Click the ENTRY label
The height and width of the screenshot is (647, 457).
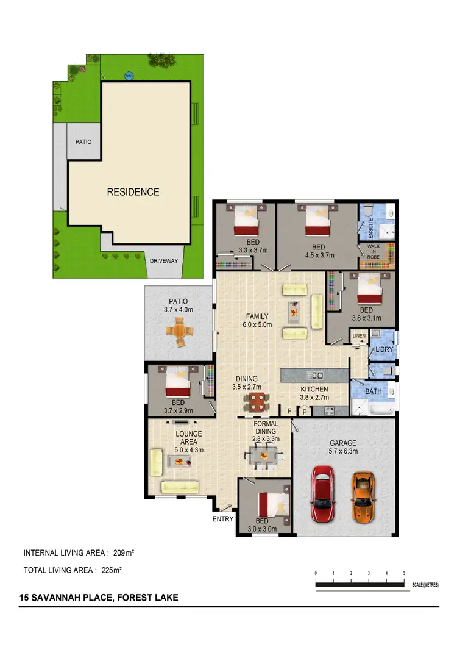coord(223,519)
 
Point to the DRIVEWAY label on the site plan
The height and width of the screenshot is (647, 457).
coord(164,261)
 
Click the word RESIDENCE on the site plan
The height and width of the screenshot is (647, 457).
coord(133,191)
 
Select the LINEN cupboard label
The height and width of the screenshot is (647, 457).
coord(358,336)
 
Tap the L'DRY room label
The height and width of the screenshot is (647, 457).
coord(384,349)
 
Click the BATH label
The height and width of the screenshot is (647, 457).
coord(374,391)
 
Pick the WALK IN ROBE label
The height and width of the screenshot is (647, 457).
coord(373,252)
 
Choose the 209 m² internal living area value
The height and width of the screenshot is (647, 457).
coord(124,553)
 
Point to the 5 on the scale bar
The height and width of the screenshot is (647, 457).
coord(405,574)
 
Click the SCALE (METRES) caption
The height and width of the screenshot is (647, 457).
coord(425,585)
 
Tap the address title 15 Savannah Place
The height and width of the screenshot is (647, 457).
coord(98,598)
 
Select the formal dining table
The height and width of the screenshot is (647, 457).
coord(264,455)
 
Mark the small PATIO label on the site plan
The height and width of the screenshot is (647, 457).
coord(83,141)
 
